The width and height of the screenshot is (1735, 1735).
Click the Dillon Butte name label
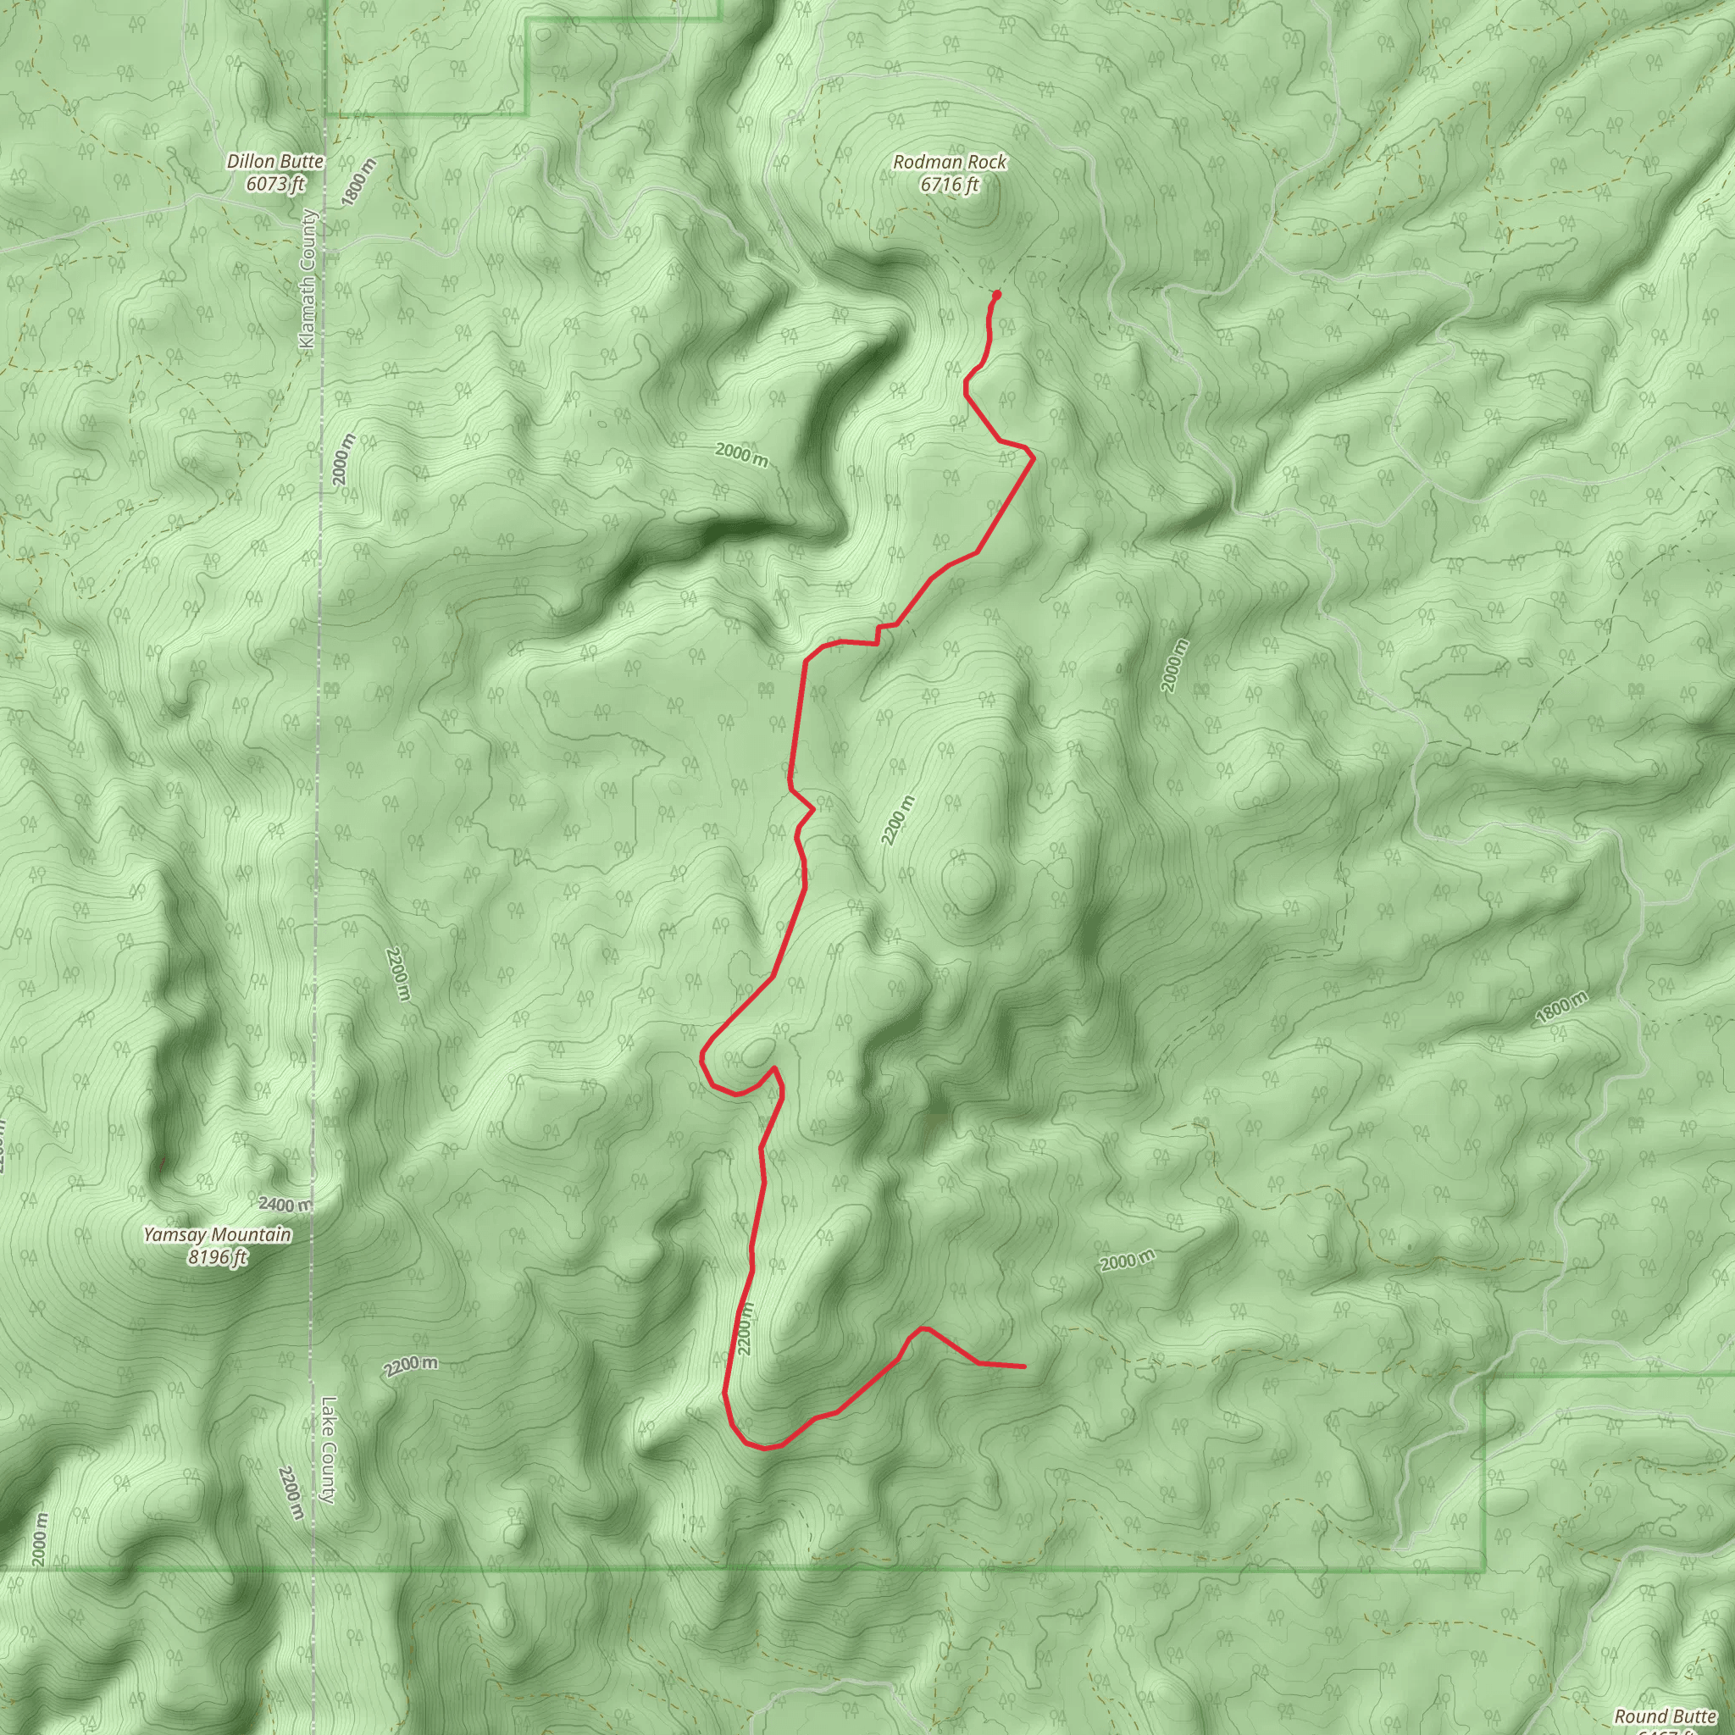click(274, 162)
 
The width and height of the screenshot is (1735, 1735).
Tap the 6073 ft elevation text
click(274, 184)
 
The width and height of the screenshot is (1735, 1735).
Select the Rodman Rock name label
click(949, 163)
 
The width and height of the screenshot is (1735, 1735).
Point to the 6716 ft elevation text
click(949, 185)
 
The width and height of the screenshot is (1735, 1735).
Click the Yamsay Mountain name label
click(218, 1235)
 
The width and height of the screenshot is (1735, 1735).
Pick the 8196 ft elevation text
click(218, 1257)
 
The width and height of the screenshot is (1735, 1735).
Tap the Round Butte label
click(1665, 1716)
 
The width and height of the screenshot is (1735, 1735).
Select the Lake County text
click(328, 1450)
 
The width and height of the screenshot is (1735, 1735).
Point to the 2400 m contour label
click(285, 1205)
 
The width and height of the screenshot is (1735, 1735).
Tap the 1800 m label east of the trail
click(1561, 1007)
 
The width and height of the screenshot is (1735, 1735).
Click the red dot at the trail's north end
click(997, 295)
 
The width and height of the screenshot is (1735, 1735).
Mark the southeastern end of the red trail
click(1023, 1366)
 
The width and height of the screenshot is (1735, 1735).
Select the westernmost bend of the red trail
click(701, 1060)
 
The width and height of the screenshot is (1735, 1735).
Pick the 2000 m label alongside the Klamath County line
click(343, 459)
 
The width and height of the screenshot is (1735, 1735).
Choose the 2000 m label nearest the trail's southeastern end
click(1127, 1261)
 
